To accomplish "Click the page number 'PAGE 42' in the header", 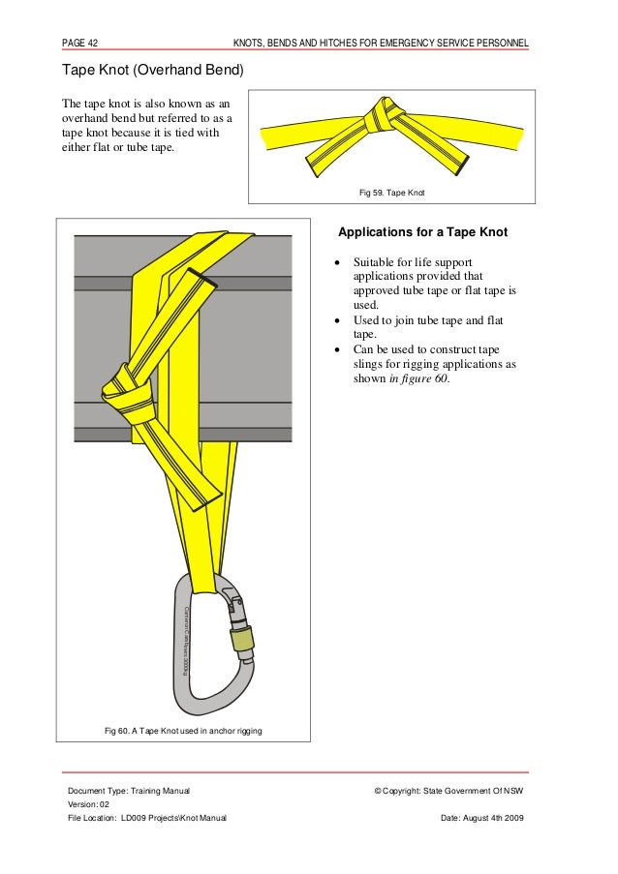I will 82,43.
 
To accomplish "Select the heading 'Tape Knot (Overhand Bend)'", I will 152,71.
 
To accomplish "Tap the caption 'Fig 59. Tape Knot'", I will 391,194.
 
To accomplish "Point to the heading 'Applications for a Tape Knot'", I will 421,233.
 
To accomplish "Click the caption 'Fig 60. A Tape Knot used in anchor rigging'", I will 183,729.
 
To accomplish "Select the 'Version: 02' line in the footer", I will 88,805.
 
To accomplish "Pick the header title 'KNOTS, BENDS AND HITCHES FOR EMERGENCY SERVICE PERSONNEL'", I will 381,43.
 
